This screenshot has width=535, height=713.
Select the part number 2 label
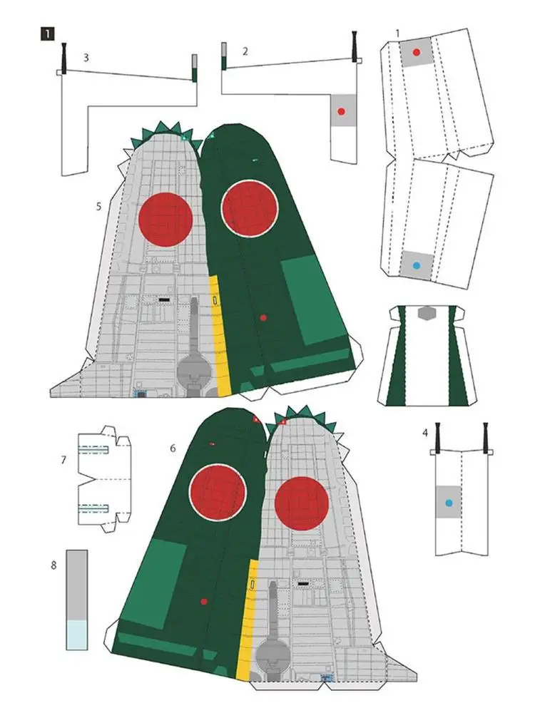click(x=245, y=51)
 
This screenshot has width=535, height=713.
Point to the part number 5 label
click(x=100, y=206)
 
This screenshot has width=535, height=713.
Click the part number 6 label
click(x=173, y=448)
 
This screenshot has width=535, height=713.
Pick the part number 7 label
click(x=63, y=461)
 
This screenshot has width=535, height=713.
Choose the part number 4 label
click(x=425, y=433)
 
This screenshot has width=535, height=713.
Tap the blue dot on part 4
click(x=449, y=503)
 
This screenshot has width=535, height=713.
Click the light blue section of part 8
click(x=76, y=634)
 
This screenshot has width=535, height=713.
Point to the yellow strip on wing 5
click(x=222, y=335)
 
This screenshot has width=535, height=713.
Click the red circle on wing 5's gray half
click(x=165, y=219)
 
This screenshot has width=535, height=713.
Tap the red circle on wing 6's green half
click(x=217, y=493)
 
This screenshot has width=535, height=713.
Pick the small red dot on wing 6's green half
click(x=204, y=602)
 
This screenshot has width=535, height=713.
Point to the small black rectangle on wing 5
click(x=164, y=300)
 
